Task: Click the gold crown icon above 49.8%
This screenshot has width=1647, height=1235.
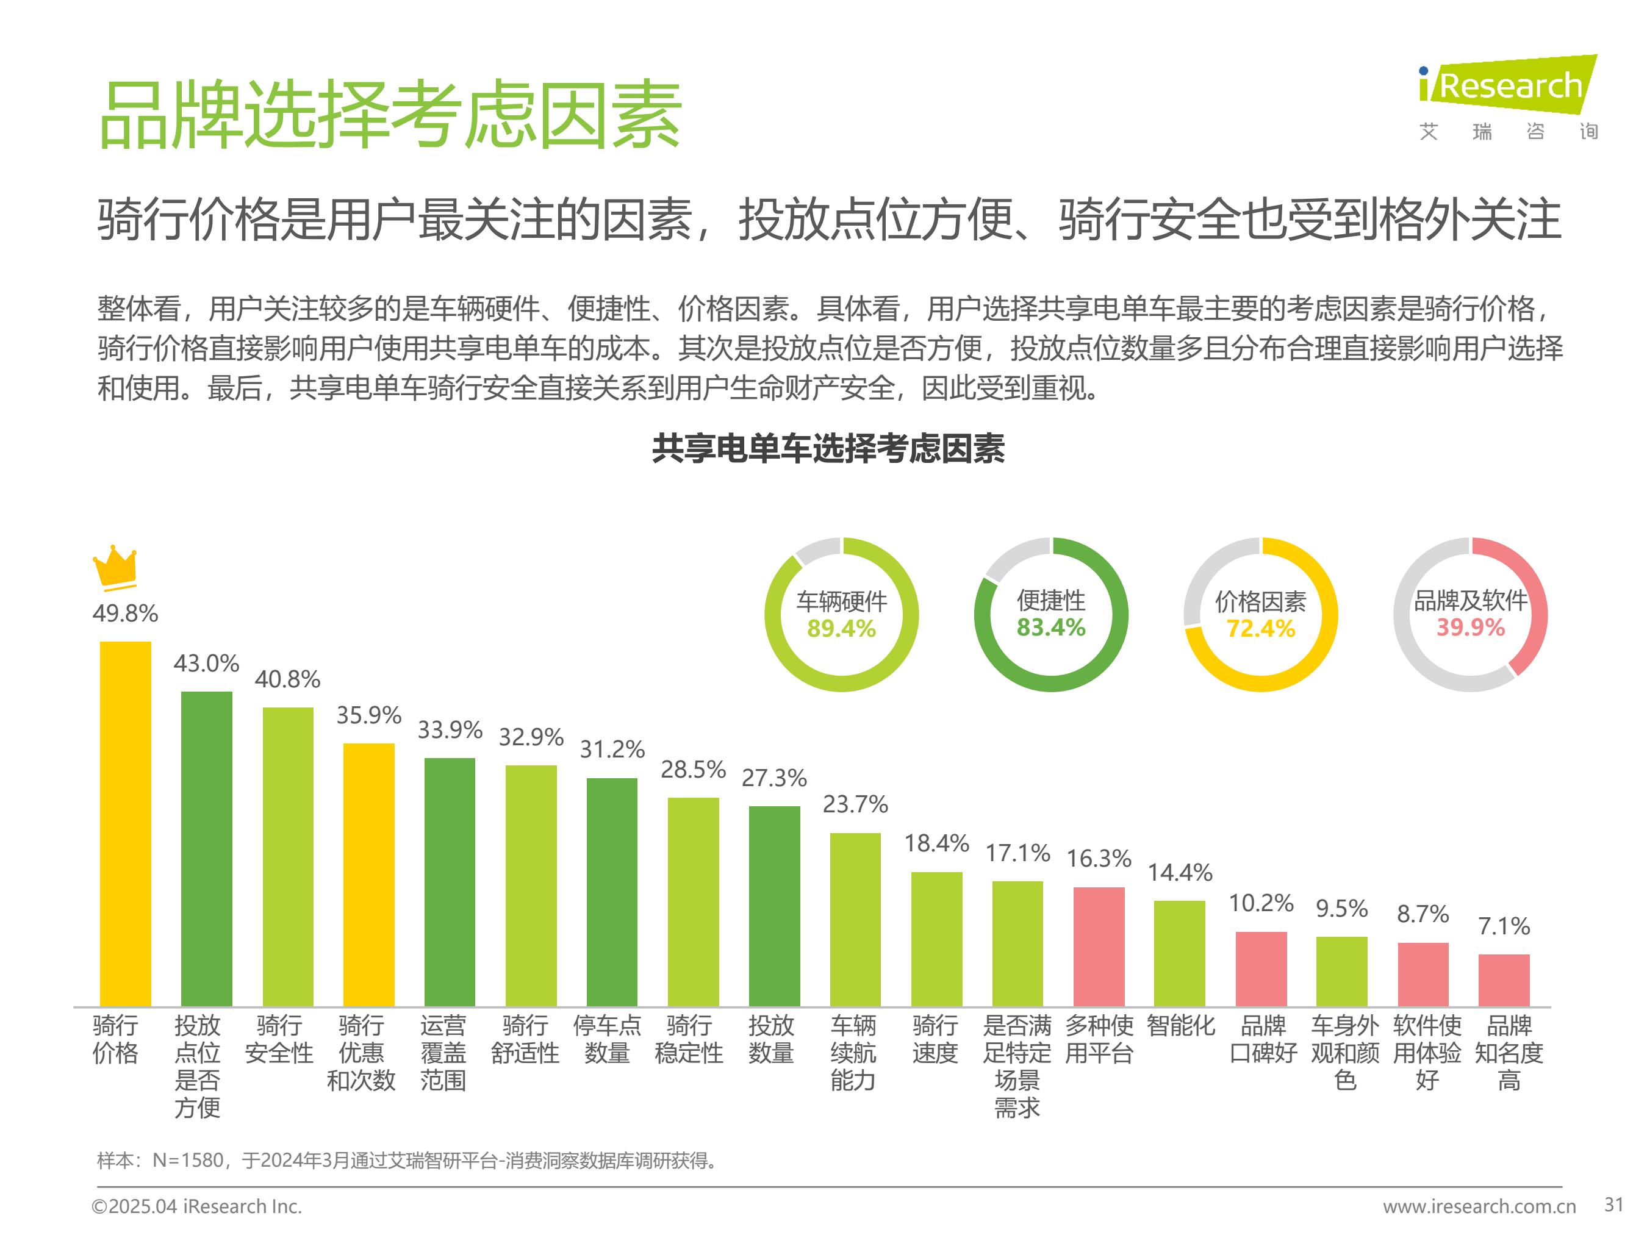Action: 115,568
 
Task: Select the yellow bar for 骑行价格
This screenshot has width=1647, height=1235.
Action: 125,823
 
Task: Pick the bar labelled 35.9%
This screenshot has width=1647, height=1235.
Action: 368,874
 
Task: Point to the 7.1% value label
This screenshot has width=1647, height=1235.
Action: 1503,926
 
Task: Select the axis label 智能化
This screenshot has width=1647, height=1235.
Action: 1180,1026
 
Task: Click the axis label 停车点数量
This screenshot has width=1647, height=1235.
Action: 607,1039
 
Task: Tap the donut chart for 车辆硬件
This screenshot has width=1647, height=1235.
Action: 841,615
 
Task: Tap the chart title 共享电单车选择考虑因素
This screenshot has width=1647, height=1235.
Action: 828,449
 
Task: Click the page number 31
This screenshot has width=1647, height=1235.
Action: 1613,1205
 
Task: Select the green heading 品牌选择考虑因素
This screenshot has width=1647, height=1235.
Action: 390,115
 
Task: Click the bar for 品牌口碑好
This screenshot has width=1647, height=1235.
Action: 1261,968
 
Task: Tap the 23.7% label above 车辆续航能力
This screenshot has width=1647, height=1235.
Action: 855,804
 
